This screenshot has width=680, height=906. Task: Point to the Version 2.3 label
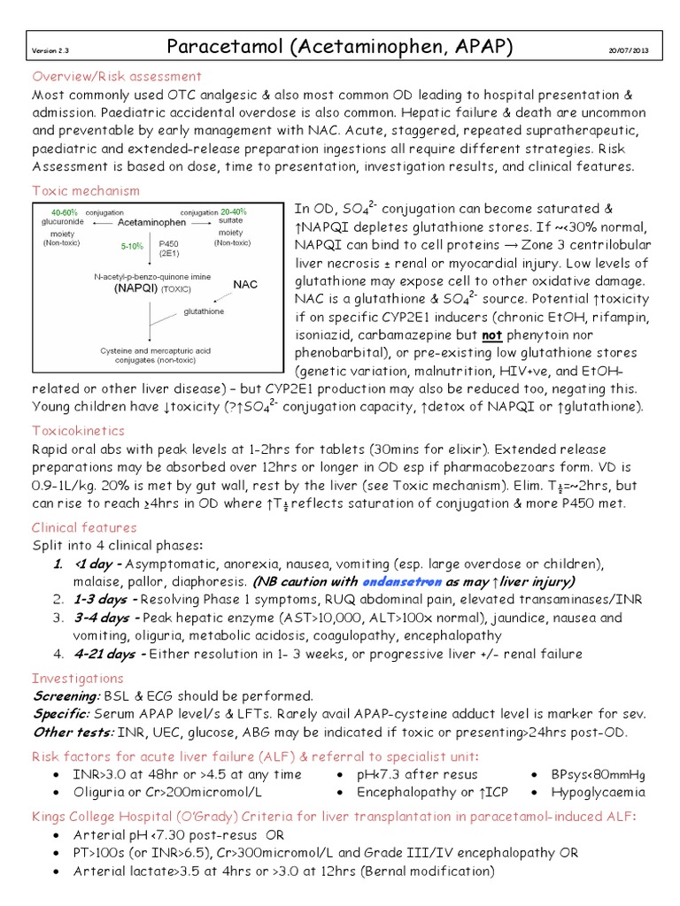50,51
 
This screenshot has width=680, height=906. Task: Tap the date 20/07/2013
629,50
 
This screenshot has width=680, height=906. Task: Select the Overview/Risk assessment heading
117,76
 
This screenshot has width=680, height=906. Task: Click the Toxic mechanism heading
86,190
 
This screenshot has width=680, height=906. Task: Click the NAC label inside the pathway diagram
245,284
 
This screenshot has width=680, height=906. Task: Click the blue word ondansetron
401,581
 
